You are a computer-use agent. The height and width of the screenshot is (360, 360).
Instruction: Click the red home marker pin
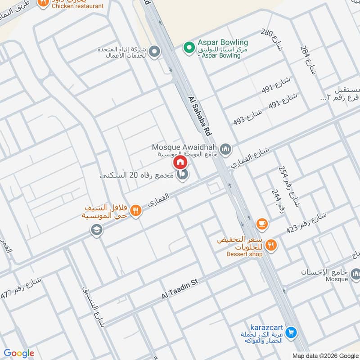(180, 162)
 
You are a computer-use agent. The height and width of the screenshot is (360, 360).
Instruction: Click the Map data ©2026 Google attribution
(325, 355)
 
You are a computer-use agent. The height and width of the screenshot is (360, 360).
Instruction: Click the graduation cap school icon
(96, 230)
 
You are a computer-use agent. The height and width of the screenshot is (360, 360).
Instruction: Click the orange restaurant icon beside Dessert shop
(271, 245)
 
